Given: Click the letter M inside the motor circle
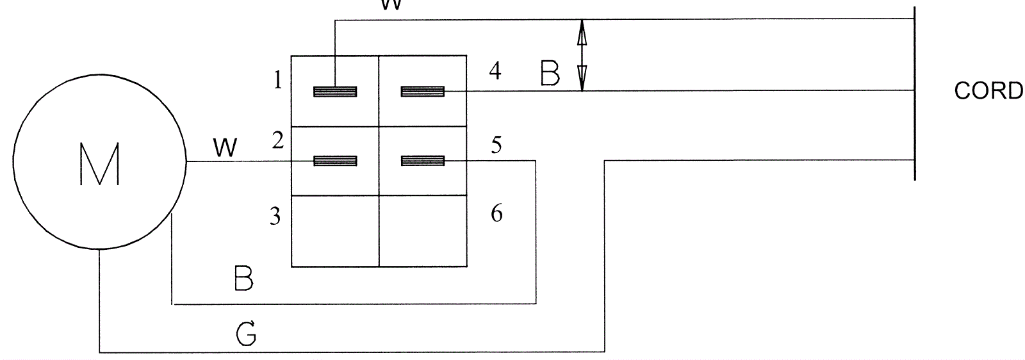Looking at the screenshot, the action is point(101,164).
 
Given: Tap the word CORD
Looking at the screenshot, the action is point(988,91).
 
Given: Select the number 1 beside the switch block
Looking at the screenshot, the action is point(277,81).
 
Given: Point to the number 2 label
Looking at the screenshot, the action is point(277,140).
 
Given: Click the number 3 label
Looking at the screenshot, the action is point(275,217).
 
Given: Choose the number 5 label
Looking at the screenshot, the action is point(496,145).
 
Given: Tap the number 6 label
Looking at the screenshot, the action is point(496,213).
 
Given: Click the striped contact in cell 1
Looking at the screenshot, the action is point(335,92).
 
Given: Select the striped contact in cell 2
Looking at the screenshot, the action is point(335,160).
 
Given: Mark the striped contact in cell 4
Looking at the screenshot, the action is point(423,92).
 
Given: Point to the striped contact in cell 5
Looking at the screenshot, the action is point(423,160).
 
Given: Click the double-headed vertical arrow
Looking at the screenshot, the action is point(582,55).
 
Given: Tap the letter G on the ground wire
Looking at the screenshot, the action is point(247,333).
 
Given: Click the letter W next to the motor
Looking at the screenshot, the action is point(224,149).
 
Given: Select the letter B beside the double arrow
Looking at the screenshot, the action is point(550,74).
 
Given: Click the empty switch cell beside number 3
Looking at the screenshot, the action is point(335,231).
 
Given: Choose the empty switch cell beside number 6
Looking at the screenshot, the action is point(423,231).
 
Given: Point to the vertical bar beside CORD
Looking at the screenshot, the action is point(914,93).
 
